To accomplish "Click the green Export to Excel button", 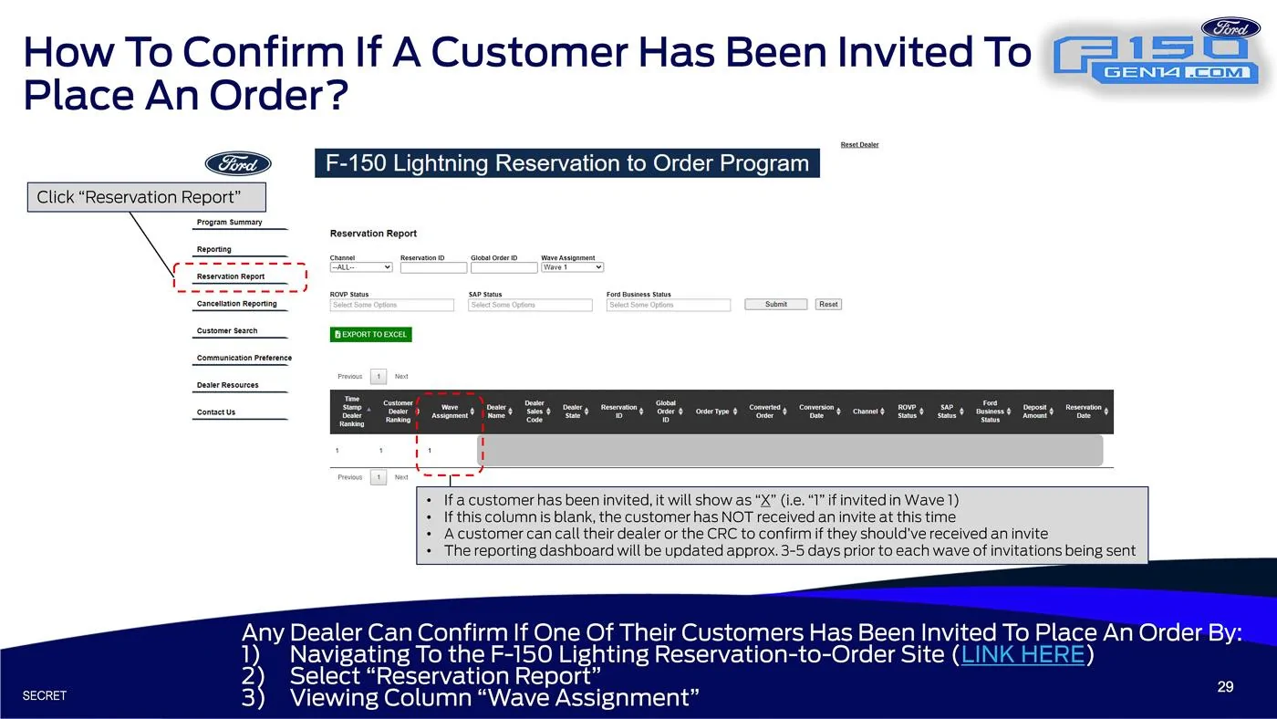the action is click(370, 334).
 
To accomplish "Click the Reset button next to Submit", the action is click(828, 305).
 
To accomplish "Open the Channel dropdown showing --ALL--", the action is click(361, 267).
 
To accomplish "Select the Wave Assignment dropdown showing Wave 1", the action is click(572, 267).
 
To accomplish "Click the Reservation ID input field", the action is click(433, 268).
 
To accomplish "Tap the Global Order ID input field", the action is click(504, 268).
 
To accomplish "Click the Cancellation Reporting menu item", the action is click(236, 304).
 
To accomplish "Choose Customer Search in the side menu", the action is click(227, 330).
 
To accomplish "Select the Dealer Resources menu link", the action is click(227, 385).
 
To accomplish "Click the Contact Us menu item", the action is click(216, 412).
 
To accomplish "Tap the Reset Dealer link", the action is click(859, 145).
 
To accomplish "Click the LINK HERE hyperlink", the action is click(1023, 654).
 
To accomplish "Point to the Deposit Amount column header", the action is click(1034, 412).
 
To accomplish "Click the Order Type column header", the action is click(712, 412).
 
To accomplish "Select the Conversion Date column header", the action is click(816, 412).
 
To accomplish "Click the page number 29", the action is click(1225, 686).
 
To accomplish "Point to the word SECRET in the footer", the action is click(45, 695).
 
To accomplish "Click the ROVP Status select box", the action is click(391, 305).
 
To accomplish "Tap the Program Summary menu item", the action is click(229, 223).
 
